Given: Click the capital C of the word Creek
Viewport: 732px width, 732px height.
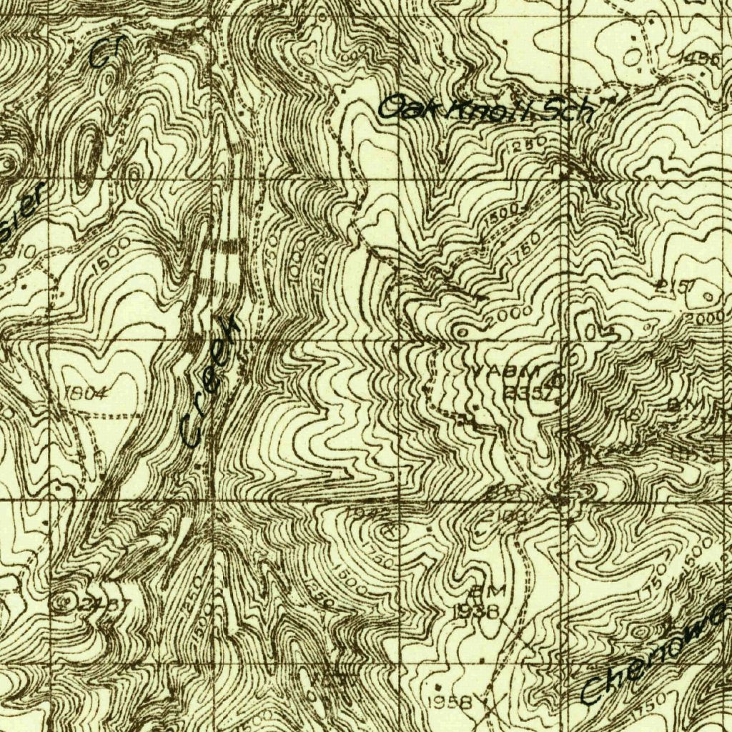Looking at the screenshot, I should point(192,432).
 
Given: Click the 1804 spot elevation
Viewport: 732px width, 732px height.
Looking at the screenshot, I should point(86,392).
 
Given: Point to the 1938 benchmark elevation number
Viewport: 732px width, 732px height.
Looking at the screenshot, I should point(475,611).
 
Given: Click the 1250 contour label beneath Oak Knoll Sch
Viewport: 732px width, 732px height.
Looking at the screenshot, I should point(530,144).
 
